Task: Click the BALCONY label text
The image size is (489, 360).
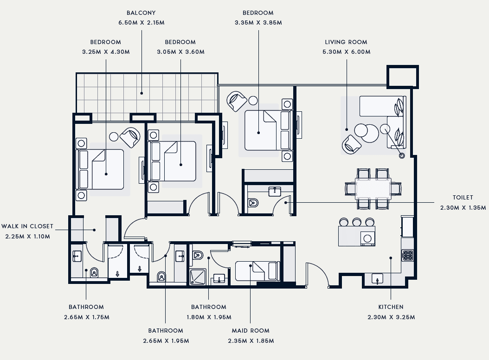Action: [x=141, y=13]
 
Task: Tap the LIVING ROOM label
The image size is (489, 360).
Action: [x=346, y=42]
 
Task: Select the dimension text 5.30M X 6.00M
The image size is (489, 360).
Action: [x=347, y=52]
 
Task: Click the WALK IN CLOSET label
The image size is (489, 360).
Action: [x=27, y=226]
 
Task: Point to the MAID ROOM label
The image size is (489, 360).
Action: [x=251, y=331]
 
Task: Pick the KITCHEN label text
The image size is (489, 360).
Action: [x=391, y=307]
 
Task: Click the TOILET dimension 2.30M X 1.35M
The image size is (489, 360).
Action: [x=463, y=207]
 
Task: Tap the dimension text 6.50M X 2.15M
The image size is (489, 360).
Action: [x=142, y=22]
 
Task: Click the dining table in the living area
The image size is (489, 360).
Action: [x=373, y=189]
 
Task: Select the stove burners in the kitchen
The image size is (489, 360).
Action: [x=408, y=255]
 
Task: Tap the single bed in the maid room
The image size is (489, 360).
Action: [x=257, y=271]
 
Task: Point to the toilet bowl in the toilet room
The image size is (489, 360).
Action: [x=253, y=203]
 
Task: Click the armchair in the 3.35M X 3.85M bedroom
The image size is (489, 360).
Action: [x=237, y=101]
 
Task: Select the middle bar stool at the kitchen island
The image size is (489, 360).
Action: [x=357, y=222]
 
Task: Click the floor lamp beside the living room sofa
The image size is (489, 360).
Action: [x=402, y=155]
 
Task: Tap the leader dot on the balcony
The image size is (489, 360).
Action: [x=142, y=93]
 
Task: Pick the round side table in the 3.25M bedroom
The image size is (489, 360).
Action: [x=114, y=137]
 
